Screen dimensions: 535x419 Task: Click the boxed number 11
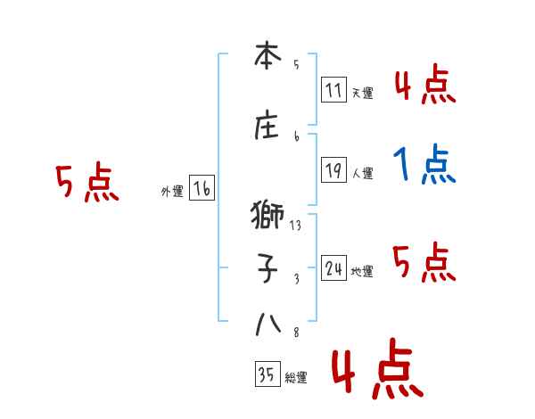(x=333, y=91)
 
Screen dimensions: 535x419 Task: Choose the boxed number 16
(x=202, y=189)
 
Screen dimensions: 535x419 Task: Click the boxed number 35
(x=267, y=376)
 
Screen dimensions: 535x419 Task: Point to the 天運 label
(x=362, y=93)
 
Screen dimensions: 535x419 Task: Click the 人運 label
(x=362, y=173)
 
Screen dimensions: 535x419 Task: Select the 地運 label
(x=362, y=271)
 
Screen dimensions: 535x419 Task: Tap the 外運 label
(x=171, y=191)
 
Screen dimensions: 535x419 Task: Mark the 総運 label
(x=295, y=378)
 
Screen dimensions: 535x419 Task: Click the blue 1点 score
(x=424, y=164)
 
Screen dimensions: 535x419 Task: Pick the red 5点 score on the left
(x=86, y=183)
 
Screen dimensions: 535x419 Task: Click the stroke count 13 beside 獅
(x=295, y=226)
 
